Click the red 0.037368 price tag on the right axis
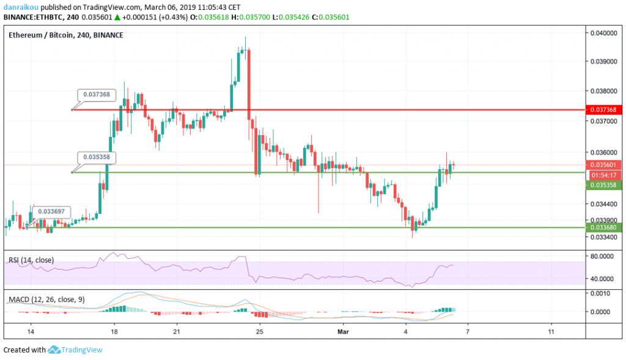point(603,110)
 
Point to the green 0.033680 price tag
point(603,227)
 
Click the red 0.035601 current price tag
point(603,164)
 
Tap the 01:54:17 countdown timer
point(605,175)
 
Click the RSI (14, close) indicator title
point(31,260)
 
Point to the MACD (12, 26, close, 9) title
point(46,299)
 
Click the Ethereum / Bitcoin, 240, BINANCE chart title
point(66,35)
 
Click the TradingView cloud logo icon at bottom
point(54,350)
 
